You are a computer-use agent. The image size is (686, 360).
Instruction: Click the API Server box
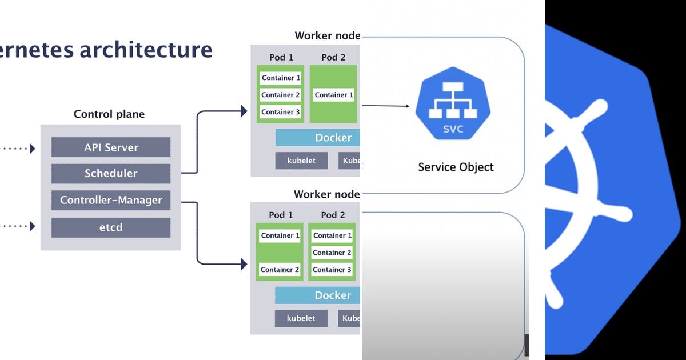click(111, 147)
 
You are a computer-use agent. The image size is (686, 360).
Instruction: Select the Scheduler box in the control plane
click(111, 174)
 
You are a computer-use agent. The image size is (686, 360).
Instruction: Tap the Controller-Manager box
click(111, 201)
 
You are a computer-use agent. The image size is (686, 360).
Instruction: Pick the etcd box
click(111, 227)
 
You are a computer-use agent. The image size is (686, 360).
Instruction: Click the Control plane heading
click(109, 114)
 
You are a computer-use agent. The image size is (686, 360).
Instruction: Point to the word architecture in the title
click(146, 50)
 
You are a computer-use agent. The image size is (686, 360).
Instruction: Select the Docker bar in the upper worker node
click(318, 138)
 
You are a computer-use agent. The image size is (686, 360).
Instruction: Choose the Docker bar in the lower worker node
click(318, 295)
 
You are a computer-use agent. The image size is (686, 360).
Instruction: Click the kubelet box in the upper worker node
click(301, 161)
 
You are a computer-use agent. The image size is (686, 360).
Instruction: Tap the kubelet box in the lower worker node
click(301, 318)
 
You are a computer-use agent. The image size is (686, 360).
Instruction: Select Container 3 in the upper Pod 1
click(280, 112)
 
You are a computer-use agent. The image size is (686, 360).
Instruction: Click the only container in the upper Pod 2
click(334, 95)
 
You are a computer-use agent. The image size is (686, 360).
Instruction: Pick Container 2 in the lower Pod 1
click(280, 270)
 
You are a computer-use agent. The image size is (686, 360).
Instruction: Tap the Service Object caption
click(456, 167)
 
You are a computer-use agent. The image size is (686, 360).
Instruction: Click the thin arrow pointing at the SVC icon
click(386, 106)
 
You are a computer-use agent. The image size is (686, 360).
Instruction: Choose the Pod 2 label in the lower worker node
click(333, 215)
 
